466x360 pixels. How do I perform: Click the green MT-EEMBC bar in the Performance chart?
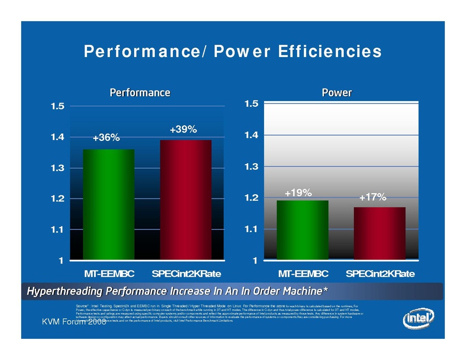109,204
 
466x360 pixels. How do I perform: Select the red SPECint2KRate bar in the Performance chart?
185,199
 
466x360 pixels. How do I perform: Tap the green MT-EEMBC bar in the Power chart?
302,229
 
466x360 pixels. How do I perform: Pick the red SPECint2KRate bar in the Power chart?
380,233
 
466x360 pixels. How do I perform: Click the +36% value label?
106,138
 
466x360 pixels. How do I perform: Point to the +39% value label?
183,129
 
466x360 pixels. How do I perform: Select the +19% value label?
298,193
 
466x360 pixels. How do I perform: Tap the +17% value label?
373,197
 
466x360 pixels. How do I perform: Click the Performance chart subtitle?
140,93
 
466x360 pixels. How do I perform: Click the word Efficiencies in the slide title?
330,52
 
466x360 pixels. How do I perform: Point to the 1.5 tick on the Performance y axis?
58,107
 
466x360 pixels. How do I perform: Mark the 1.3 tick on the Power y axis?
251,167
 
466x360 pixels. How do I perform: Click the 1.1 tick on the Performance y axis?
58,229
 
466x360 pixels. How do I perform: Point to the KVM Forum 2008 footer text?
74,323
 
